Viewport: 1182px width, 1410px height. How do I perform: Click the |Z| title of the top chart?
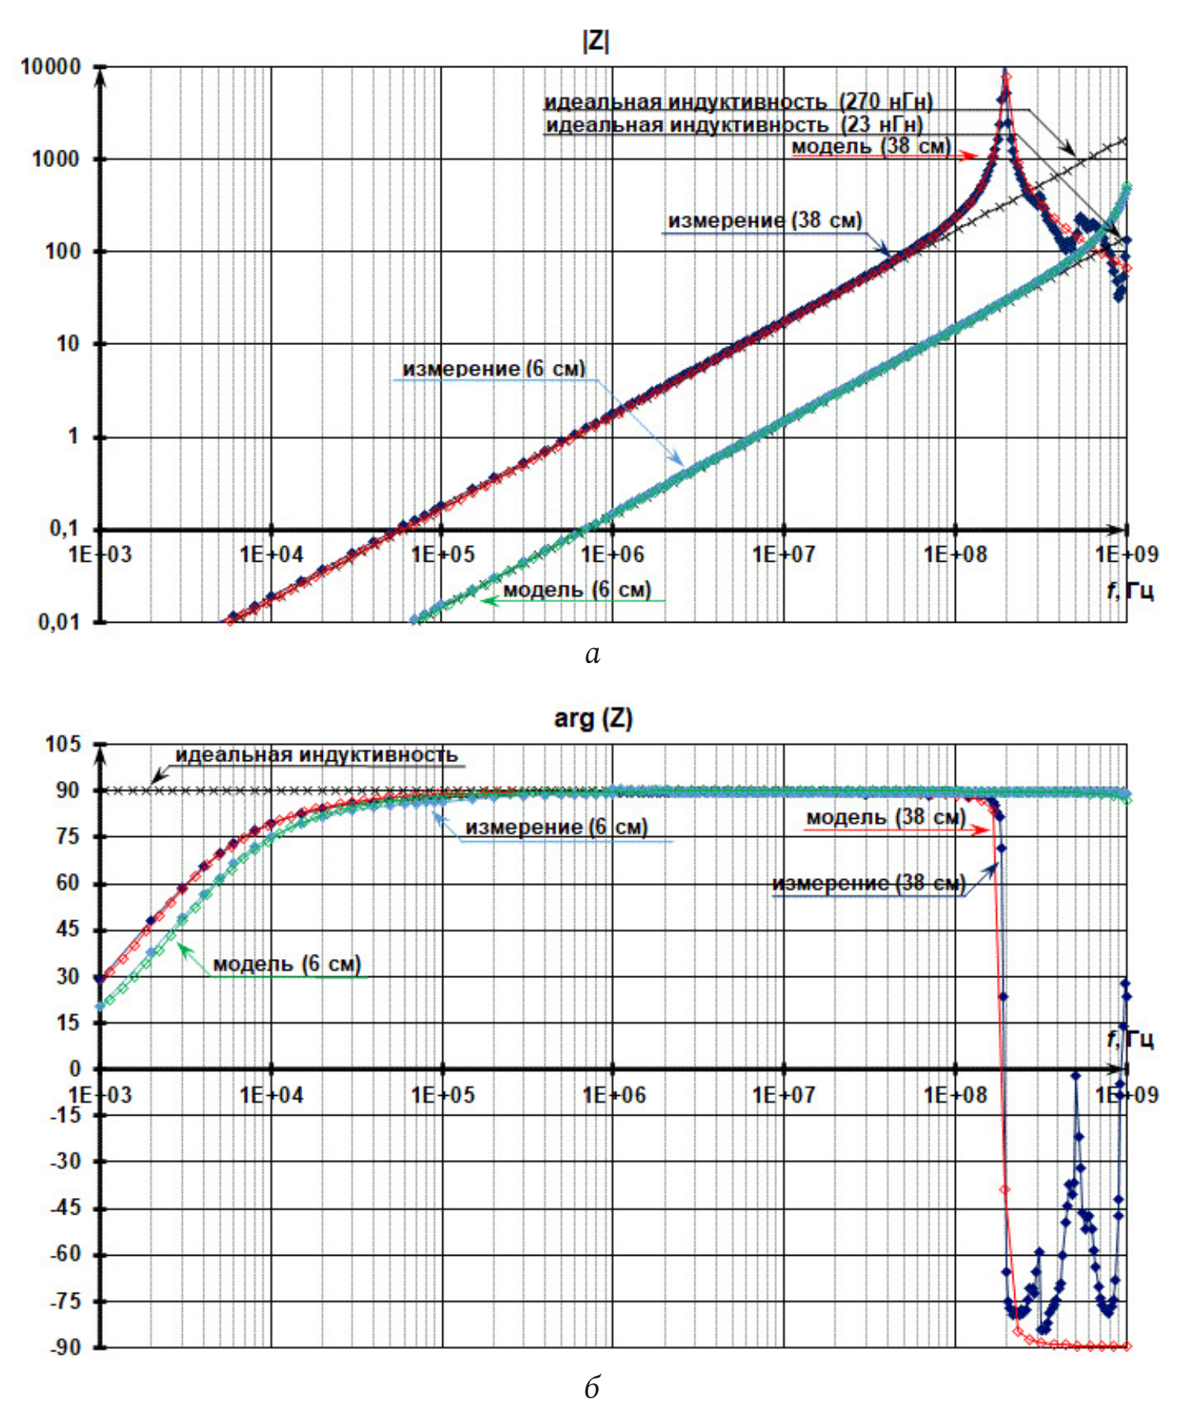pos(595,41)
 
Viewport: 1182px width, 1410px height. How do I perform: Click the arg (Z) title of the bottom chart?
pos(593,718)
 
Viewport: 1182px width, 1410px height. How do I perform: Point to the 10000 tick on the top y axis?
pos(51,67)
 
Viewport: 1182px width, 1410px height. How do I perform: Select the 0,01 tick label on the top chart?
pos(59,623)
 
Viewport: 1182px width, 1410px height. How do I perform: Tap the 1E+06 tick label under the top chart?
pos(613,555)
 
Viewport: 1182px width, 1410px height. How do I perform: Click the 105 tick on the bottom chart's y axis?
pos(63,745)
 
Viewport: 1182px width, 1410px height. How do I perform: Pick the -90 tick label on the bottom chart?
pos(65,1347)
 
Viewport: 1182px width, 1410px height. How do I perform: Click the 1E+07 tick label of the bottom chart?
pos(783,1095)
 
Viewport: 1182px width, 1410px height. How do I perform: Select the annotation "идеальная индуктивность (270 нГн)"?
pos(738,102)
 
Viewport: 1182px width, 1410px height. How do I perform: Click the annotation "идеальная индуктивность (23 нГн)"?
pos(734,125)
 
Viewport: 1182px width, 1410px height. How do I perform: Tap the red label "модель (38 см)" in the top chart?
pos(871,146)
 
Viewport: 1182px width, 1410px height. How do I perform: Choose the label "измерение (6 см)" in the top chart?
pos(494,369)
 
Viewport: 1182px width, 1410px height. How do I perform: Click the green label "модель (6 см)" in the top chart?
pos(577,589)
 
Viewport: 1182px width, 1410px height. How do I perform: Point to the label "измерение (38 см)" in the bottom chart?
pos(869,883)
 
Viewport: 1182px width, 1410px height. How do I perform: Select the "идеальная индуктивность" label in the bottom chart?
pos(316,755)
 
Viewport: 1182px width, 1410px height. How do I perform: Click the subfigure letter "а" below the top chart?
pos(593,654)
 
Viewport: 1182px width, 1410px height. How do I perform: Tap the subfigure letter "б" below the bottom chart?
pos(593,1387)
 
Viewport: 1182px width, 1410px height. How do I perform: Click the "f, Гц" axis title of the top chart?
pos(1130,590)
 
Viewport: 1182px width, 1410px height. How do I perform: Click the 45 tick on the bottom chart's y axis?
pos(68,930)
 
